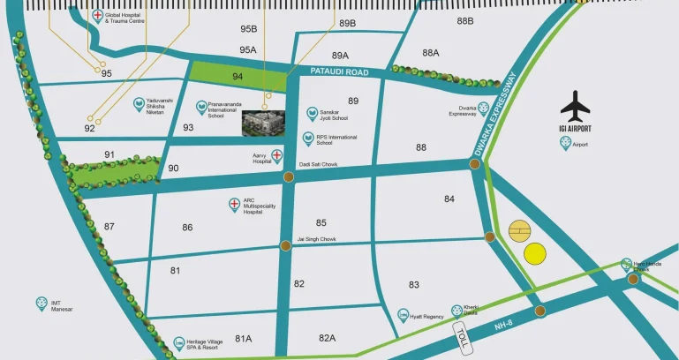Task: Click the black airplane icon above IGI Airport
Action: (x=576, y=106)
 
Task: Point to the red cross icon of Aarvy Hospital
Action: (x=276, y=156)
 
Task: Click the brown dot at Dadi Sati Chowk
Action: (x=289, y=177)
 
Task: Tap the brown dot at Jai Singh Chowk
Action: (x=284, y=244)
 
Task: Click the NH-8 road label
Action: (x=502, y=326)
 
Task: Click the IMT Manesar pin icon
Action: (x=41, y=303)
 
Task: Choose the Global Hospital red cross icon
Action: (x=97, y=16)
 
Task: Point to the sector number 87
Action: (x=109, y=227)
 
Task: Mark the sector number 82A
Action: (x=328, y=338)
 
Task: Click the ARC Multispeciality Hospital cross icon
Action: (x=234, y=205)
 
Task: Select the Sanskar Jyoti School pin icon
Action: (x=312, y=114)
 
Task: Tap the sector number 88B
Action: (x=465, y=20)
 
